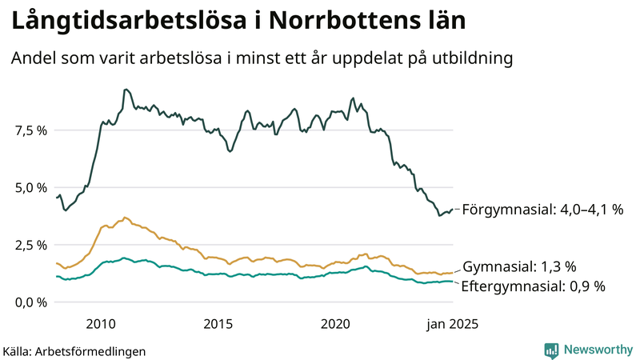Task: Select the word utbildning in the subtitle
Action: [x=466, y=58]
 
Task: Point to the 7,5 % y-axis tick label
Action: [x=30, y=130]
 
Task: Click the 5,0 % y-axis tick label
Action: [x=30, y=188]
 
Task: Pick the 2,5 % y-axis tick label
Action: [x=30, y=245]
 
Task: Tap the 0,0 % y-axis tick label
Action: [x=30, y=302]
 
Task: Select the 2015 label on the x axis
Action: [x=218, y=324]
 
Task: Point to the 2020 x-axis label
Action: [x=335, y=324]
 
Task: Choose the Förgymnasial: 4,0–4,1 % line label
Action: [x=542, y=210]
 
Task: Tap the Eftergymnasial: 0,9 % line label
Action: [x=534, y=286]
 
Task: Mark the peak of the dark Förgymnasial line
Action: [x=126, y=90]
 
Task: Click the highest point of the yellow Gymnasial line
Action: [x=125, y=217]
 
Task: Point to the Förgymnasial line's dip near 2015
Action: [x=230, y=150]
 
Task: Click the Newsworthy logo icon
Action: [x=551, y=350]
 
